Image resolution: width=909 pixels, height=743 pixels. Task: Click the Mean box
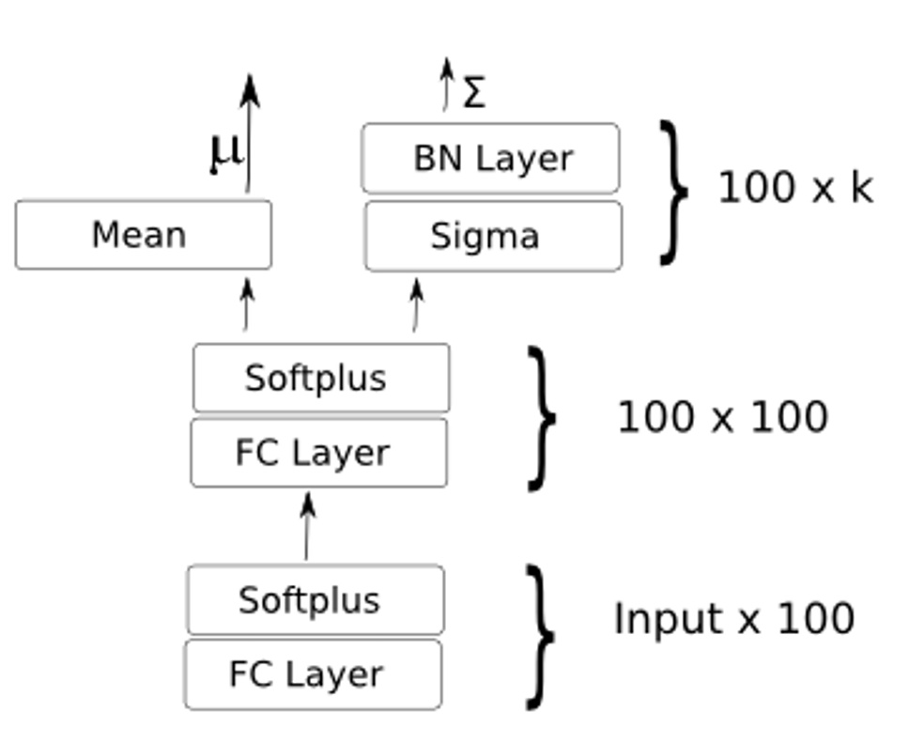[143, 235]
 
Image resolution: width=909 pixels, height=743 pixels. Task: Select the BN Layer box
[490, 158]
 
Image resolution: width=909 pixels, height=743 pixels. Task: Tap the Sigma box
[492, 236]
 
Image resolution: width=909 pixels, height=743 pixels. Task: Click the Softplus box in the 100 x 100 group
[320, 378]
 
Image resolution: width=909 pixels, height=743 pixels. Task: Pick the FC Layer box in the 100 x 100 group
[318, 453]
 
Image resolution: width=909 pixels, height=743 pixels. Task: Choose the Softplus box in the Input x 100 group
[315, 599]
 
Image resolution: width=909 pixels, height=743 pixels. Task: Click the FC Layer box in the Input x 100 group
[312, 674]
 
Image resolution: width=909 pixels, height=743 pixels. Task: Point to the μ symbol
[223, 152]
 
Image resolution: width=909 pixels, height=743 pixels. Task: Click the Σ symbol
[474, 93]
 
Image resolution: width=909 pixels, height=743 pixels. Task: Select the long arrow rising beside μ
[249, 132]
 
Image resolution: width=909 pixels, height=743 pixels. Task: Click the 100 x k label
[794, 188]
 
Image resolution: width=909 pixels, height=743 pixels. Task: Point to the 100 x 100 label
[722, 417]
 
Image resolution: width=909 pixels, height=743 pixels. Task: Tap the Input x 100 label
[733, 619]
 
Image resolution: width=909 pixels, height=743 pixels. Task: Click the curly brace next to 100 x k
[672, 192]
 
